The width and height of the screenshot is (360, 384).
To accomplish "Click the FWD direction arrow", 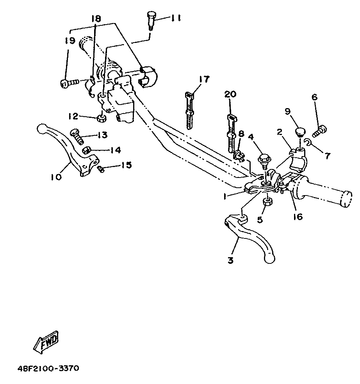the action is tap(46, 342).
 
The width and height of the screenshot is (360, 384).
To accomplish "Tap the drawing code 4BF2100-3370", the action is tap(48, 368).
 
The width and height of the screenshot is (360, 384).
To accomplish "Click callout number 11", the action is tap(175, 18).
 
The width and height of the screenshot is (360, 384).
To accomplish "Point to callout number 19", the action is tap(70, 41).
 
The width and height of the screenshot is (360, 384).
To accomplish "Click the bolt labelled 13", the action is tap(77, 136).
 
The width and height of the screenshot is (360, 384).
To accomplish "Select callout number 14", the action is tap(116, 150).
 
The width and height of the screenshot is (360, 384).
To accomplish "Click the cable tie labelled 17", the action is tap(189, 110).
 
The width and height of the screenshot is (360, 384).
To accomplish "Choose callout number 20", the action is tap(231, 94).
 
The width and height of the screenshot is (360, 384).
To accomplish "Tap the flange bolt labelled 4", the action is tap(264, 161).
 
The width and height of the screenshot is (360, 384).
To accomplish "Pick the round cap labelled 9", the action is tap(300, 132).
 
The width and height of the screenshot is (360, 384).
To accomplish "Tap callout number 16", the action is tap(298, 217).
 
